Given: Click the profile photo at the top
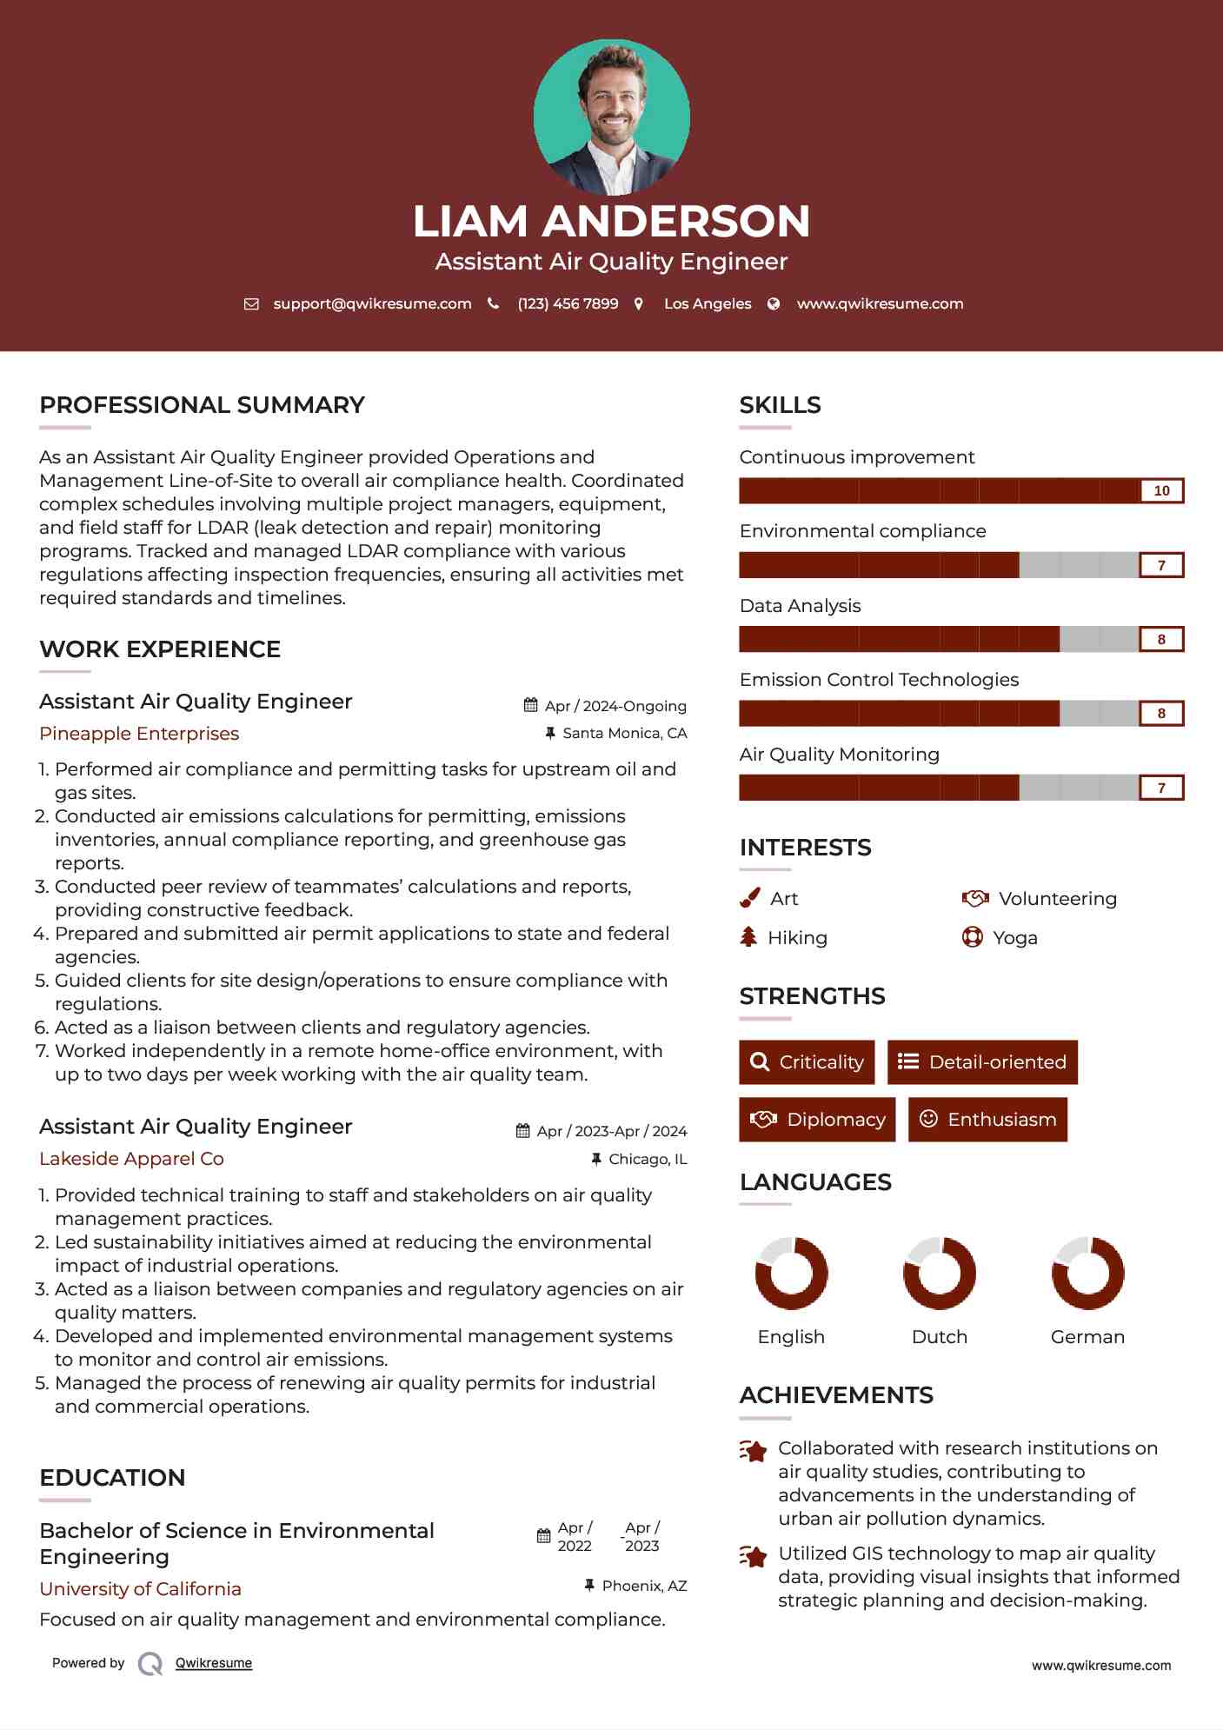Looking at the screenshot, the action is coord(611,116).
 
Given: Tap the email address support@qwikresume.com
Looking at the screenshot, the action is coord(372,303).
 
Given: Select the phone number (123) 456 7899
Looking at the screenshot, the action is coord(568,303).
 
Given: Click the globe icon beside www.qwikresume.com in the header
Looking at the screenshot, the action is coord(774,303).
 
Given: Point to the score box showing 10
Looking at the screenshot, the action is coord(1161,490).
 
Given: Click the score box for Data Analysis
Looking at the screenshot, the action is coord(1161,639).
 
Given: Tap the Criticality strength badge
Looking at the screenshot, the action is coord(807,1061).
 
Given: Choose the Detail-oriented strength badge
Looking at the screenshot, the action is coord(982,1061).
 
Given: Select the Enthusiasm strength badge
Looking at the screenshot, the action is coord(987,1119).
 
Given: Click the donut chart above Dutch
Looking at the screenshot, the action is coord(940,1273).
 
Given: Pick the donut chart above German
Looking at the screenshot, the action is coord(1087,1273).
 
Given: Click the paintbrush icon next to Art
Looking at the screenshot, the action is coord(749,898).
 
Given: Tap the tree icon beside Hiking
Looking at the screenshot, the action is coord(748,936).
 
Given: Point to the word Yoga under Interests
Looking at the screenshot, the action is coord(1015,937).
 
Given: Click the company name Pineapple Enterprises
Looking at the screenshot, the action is coord(139,733).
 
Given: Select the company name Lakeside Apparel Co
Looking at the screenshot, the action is coord(131,1158).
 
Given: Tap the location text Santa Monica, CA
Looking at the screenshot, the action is coord(624,733).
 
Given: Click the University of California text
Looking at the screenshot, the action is coord(140,1588).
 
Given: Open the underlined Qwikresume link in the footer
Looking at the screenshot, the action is coord(214,1662).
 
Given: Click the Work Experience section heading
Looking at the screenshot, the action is coord(160,649).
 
